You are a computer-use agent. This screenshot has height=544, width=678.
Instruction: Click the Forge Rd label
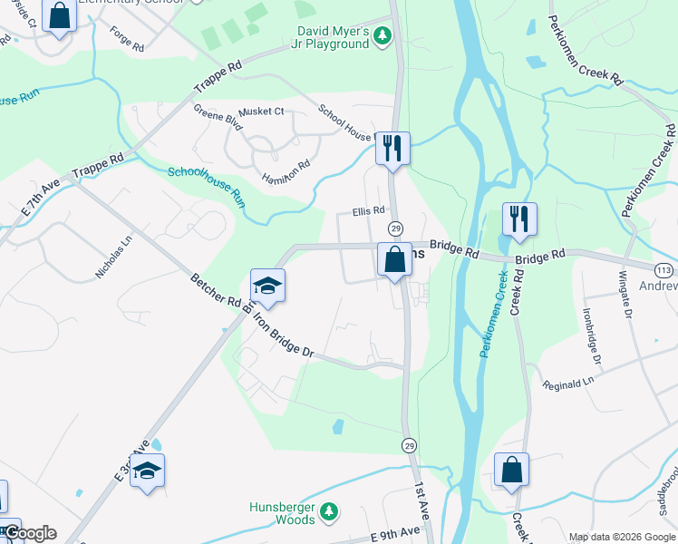(126, 44)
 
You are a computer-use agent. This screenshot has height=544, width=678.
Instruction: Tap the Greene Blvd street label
(217, 118)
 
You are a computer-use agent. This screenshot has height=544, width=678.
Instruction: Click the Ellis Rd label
(369, 211)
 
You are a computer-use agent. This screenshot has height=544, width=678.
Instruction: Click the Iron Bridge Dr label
(282, 335)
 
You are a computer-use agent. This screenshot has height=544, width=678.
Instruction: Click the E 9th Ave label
(395, 529)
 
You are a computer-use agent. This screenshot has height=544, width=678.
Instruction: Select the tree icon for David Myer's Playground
(383, 35)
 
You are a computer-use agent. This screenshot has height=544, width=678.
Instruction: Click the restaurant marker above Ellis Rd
(392, 147)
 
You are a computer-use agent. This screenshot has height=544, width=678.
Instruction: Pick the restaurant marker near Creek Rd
(519, 218)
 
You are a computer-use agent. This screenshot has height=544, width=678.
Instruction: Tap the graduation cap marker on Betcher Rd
(267, 285)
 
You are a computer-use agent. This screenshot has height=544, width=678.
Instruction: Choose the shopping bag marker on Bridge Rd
(394, 259)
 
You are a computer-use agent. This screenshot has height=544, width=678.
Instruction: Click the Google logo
(29, 533)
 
